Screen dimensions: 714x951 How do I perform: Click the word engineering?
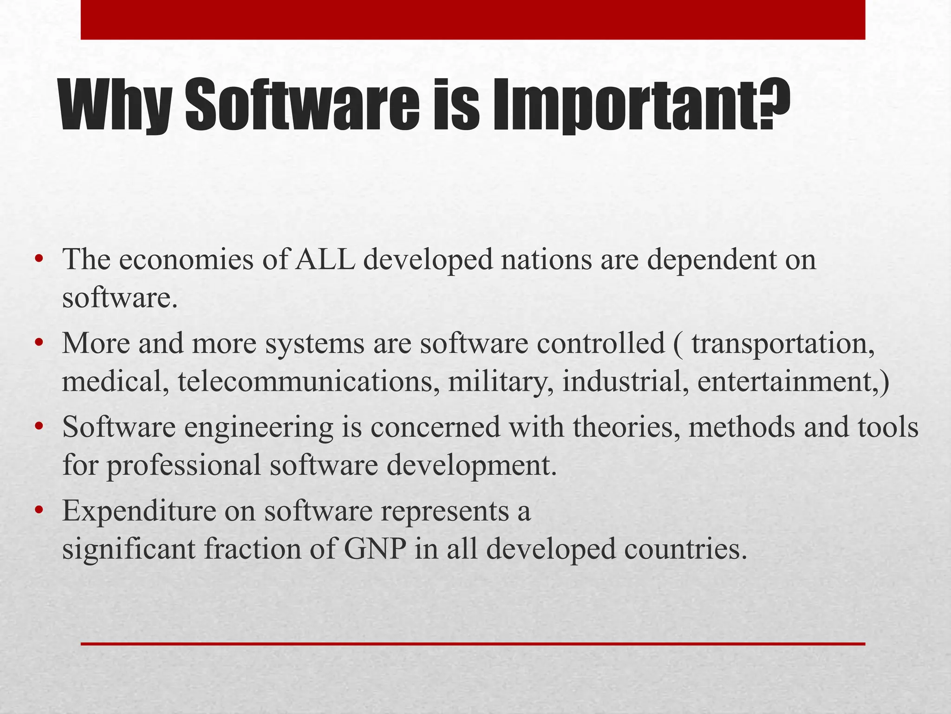pyautogui.click(x=258, y=428)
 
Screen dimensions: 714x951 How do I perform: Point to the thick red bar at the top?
pyautogui.click(x=473, y=20)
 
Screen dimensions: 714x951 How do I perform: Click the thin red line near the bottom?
pyautogui.click(x=473, y=644)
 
